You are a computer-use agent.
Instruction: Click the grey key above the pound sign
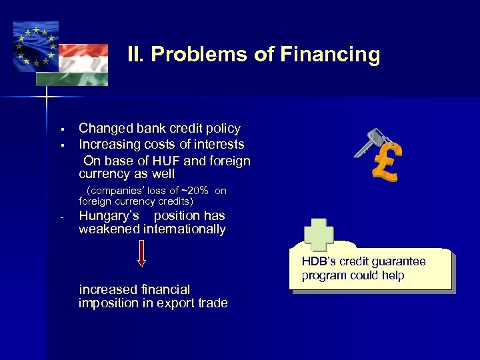(368, 143)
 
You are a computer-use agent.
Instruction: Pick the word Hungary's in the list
(109, 216)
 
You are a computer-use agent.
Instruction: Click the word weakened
(109, 230)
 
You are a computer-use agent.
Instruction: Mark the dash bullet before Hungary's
(61, 217)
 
